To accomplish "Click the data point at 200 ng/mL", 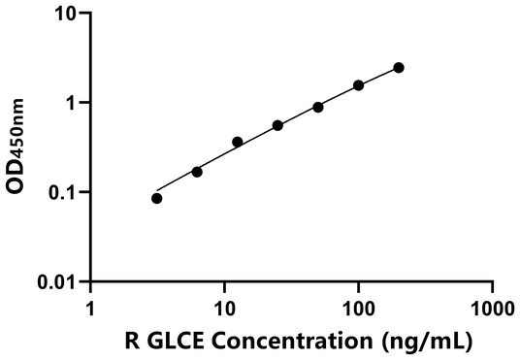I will coord(399,68).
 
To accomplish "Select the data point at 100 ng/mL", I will coord(358,85).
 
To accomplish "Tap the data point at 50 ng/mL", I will coord(318,107).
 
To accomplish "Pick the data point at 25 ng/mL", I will coord(277,125).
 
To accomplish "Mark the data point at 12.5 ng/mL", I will coord(238,142).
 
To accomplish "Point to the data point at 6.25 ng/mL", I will coord(197,172).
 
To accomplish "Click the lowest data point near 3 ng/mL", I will coord(157,198).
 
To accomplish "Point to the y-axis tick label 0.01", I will coord(58,282).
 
